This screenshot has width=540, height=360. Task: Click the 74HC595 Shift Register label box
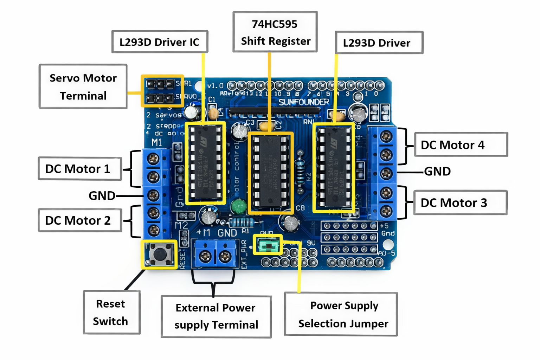pyautogui.click(x=275, y=32)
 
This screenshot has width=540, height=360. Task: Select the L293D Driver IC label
pyautogui.click(x=160, y=42)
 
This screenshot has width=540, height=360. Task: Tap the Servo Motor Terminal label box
pyautogui.click(x=83, y=86)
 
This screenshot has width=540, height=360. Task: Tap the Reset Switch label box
pyautogui.click(x=111, y=312)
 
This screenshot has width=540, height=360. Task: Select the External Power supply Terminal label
pyautogui.click(x=216, y=316)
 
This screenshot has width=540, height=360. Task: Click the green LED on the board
pyautogui.click(x=239, y=206)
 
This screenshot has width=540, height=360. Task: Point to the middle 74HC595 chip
pyautogui.click(x=270, y=172)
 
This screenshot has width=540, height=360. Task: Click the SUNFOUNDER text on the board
pyautogui.click(x=304, y=102)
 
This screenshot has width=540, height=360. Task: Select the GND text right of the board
pyautogui.click(x=437, y=172)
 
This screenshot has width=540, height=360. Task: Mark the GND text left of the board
pyautogui.click(x=102, y=196)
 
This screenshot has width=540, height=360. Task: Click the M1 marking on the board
pyautogui.click(x=156, y=142)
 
